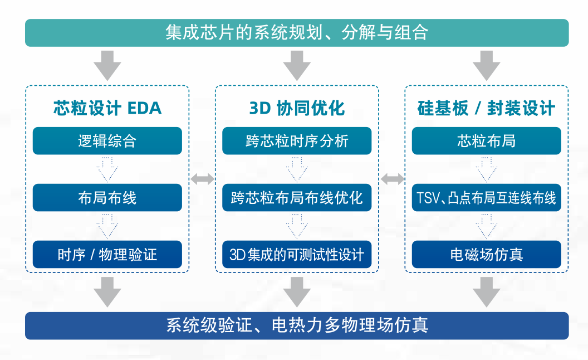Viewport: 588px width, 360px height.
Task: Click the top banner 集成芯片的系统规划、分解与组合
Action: (x=297, y=32)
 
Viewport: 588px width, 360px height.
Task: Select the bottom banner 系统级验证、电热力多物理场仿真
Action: (x=297, y=325)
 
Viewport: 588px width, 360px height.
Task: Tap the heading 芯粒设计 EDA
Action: (x=107, y=108)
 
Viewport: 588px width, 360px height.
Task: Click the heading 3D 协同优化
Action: (x=297, y=108)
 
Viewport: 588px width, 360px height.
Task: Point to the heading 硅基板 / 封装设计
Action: (x=486, y=108)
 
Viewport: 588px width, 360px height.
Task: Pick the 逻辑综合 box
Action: (x=107, y=141)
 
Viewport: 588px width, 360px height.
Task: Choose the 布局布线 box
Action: (x=107, y=198)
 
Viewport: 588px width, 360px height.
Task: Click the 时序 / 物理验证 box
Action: (x=107, y=255)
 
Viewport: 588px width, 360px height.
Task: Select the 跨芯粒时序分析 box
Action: (x=297, y=141)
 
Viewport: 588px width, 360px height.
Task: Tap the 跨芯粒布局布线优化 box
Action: (x=297, y=198)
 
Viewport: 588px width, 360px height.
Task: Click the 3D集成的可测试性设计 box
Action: (x=297, y=255)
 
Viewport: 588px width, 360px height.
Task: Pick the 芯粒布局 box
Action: (x=486, y=141)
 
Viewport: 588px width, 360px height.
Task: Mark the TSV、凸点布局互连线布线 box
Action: (x=486, y=198)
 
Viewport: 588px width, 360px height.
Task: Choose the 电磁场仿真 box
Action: (x=486, y=255)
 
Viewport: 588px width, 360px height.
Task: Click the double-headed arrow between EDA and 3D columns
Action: (x=202, y=179)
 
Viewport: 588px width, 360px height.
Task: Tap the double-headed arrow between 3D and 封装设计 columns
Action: (x=392, y=179)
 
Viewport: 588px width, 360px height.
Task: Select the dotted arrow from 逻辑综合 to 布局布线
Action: (x=107, y=169)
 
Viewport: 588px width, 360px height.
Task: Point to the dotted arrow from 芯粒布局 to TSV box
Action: (x=486, y=169)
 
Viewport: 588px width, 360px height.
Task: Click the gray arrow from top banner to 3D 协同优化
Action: (x=297, y=65)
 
